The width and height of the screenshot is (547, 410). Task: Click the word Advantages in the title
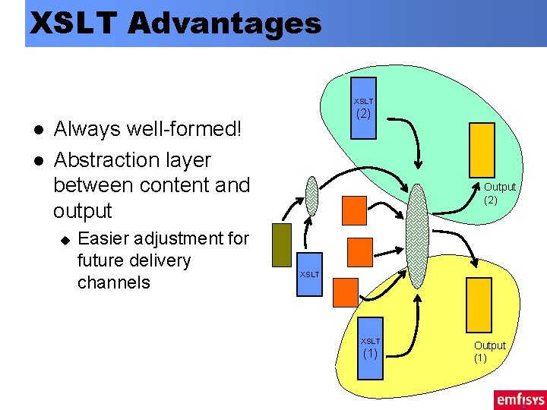tap(225, 24)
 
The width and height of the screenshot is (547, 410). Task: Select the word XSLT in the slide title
tap(74, 24)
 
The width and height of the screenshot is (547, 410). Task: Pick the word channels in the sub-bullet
tap(114, 282)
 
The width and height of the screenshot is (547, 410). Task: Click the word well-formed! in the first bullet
tap(182, 129)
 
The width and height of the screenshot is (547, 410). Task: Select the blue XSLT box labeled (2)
tap(363, 108)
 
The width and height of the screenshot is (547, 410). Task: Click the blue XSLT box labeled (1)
tap(370, 345)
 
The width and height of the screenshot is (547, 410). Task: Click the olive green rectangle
tap(282, 244)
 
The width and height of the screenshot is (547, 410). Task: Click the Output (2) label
tap(499, 194)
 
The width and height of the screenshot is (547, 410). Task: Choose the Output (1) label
tap(490, 352)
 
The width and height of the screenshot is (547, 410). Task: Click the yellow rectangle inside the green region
tap(482, 150)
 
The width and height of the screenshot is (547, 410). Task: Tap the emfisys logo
tap(519, 399)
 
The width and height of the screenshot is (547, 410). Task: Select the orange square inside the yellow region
tap(346, 290)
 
